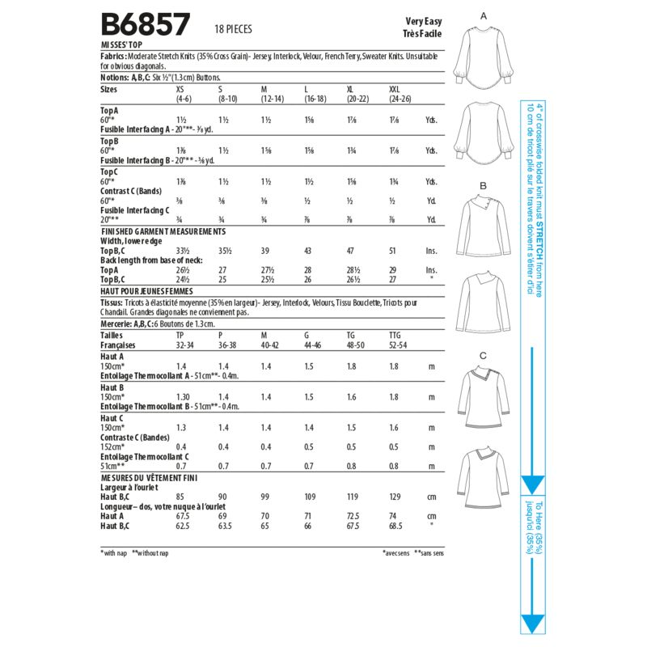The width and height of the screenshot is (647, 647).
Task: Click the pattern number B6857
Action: point(145,24)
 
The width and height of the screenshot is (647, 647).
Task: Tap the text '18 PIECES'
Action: point(234,29)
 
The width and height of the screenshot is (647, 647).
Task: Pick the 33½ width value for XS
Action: point(183,252)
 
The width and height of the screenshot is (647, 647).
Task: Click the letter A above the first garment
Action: point(484,16)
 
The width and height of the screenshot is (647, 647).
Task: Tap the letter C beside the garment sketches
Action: point(483,356)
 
